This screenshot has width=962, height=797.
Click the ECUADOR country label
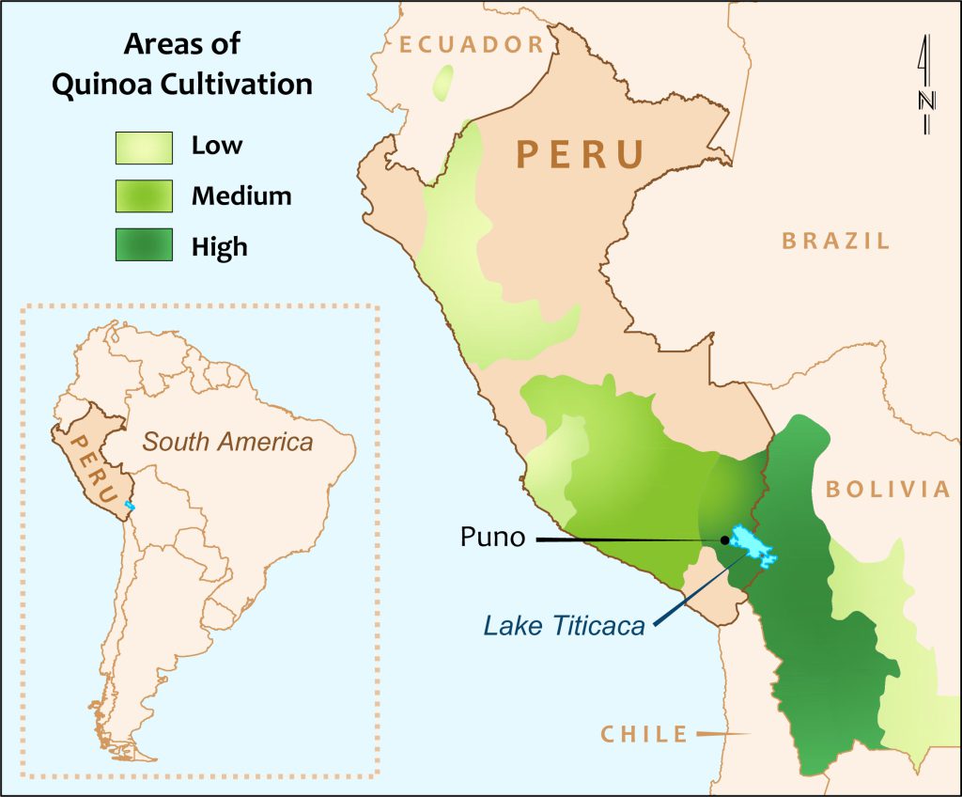pos(471,44)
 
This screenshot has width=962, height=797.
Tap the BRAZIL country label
pos(836,241)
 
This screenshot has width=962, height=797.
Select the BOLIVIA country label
pos(887,489)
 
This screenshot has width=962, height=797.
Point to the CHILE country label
pos(644,734)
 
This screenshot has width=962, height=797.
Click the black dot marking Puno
pos(724,539)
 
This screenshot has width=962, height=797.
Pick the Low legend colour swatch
pos(144,147)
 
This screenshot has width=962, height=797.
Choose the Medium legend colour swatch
pos(144,196)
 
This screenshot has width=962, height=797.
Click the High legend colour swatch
pos(144,245)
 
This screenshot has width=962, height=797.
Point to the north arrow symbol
pos(925,85)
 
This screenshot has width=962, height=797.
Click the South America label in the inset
pos(227,441)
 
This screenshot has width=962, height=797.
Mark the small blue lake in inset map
pos(130,507)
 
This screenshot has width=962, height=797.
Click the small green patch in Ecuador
pos(442,83)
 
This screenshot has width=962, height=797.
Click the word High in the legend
pos(219,246)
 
